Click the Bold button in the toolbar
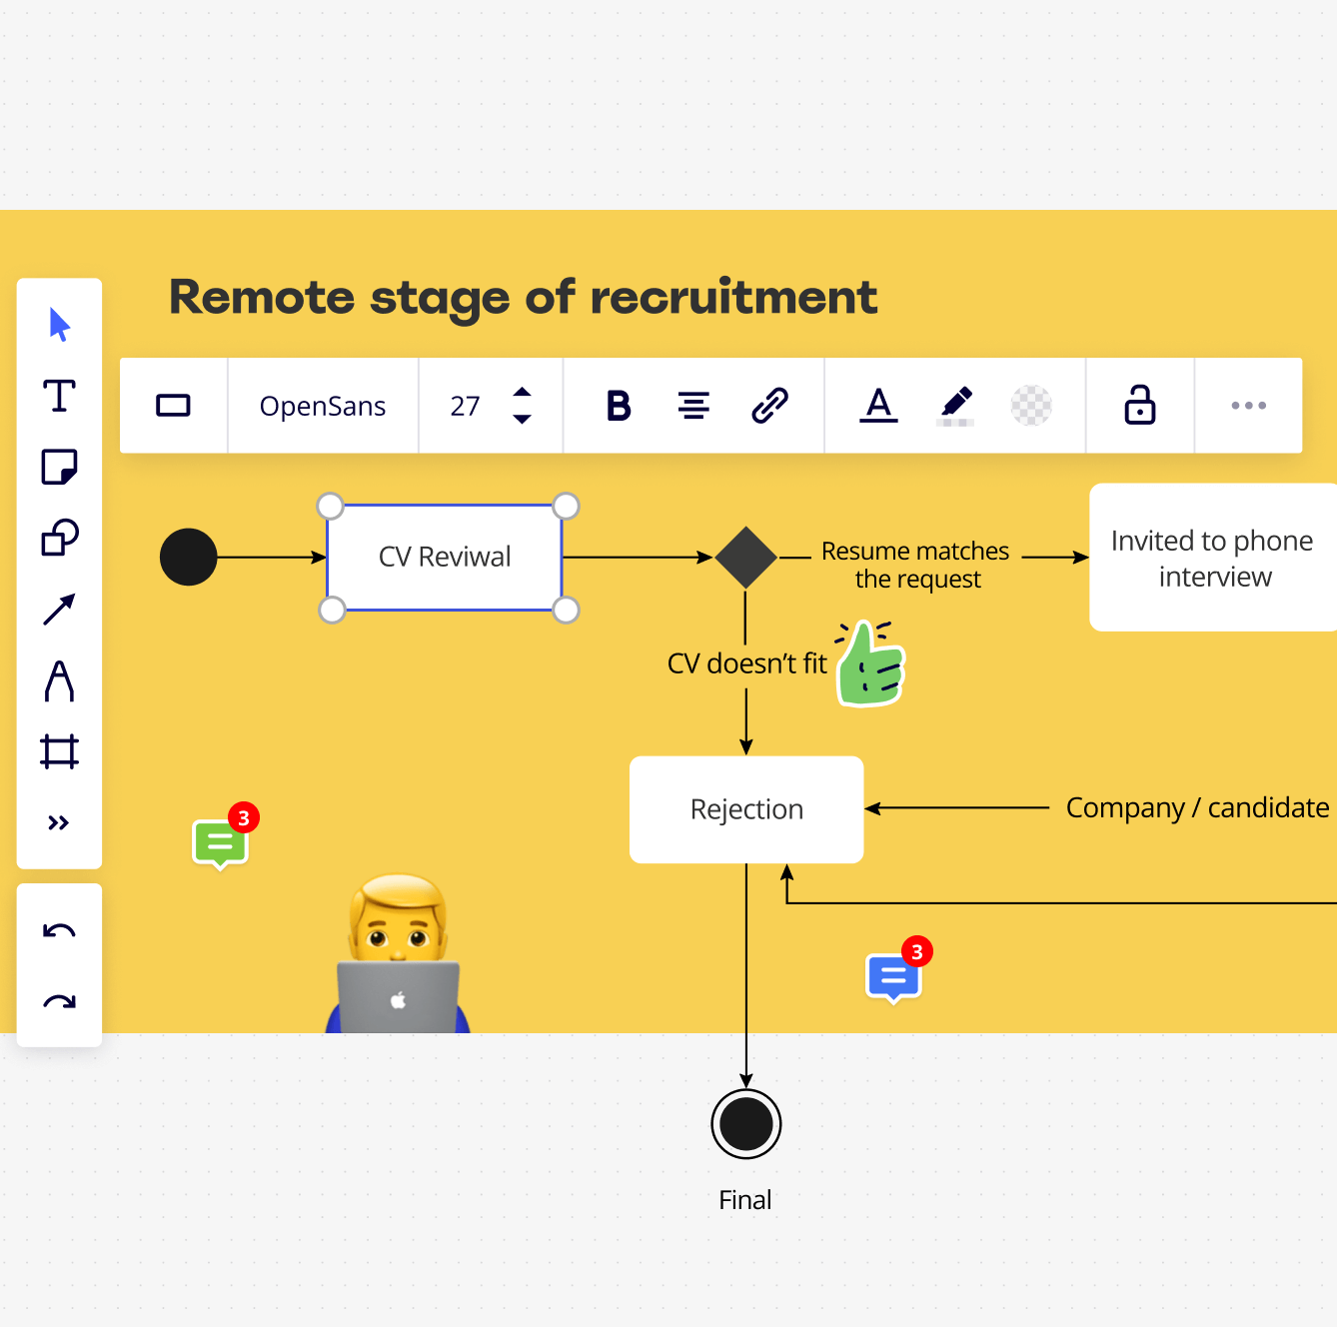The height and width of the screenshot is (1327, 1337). pos(619,406)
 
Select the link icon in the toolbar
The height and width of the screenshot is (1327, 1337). pos(769,406)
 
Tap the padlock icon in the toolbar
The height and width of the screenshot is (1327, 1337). pos(1139,405)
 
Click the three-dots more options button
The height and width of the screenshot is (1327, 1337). pos(1248,406)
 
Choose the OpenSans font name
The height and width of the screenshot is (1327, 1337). pos(323,406)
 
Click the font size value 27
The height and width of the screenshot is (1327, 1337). pos(465,406)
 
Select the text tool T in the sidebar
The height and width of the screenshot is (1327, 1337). pos(59,397)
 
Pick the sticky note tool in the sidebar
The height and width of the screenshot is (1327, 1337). pos(59,467)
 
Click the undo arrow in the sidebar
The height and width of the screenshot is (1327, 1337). pos(59,930)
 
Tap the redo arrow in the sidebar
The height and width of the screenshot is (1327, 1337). pos(59,1001)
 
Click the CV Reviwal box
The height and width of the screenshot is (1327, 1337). pos(444,558)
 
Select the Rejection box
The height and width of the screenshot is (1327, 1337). pos(746,809)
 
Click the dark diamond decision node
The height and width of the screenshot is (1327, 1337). pos(745,558)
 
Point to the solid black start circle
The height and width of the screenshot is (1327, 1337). pos(188,557)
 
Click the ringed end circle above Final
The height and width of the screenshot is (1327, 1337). pos(745,1123)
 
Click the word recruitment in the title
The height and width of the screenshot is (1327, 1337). pos(733,297)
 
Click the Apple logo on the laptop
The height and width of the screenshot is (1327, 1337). pos(399,1000)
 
